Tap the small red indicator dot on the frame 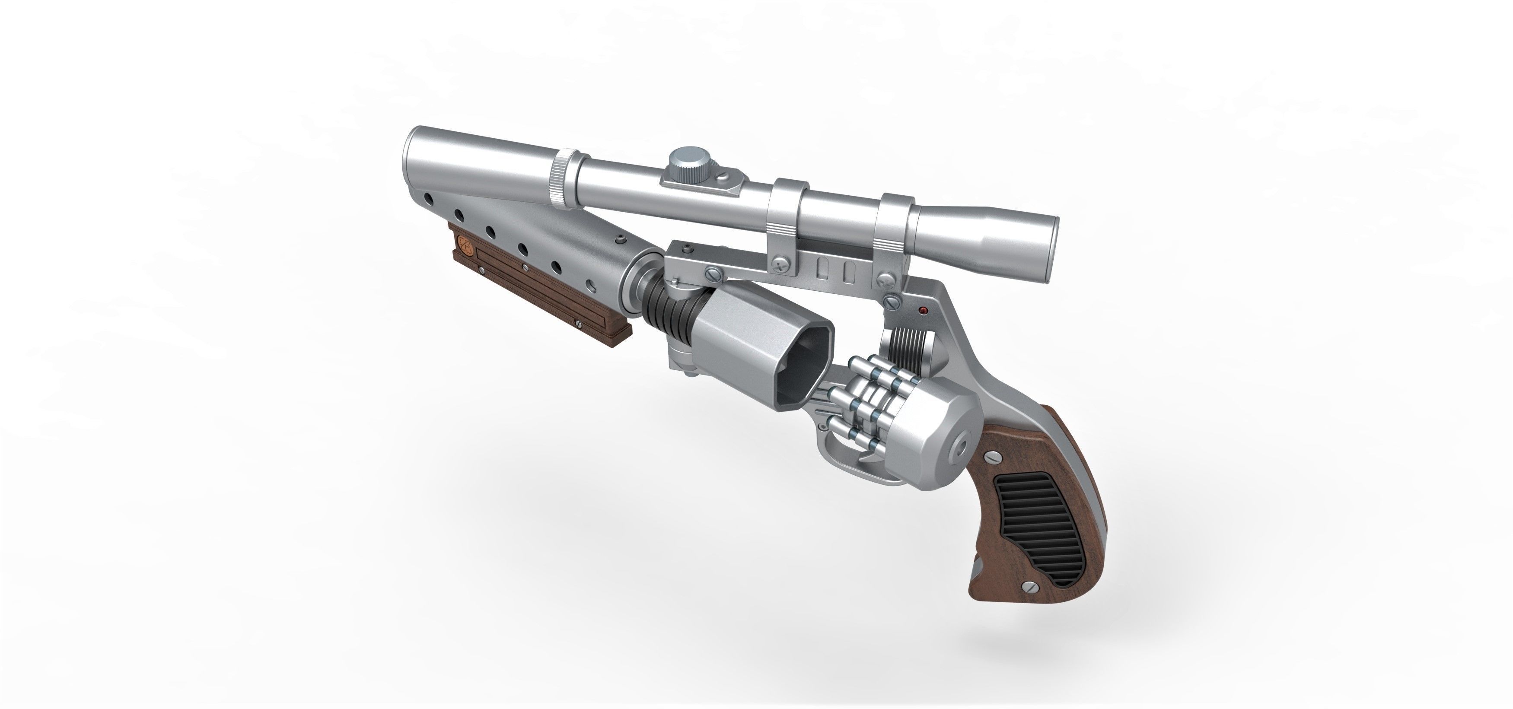[x=922, y=309]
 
